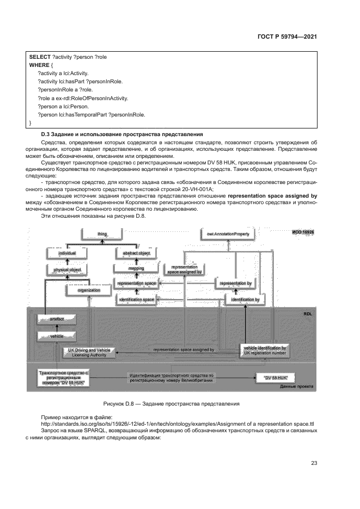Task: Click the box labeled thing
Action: (x=102, y=234)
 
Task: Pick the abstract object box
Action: (x=136, y=254)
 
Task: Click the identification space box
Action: (x=136, y=299)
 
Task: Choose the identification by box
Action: (x=245, y=299)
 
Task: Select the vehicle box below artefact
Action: (x=57, y=337)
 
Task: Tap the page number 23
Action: (x=314, y=463)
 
